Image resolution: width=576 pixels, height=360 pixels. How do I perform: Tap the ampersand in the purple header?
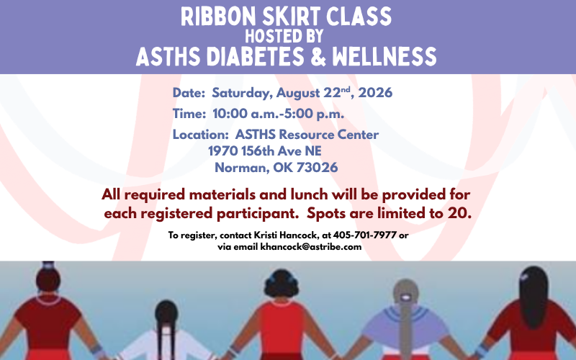318,57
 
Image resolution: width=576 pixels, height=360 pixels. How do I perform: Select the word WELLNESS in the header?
384,57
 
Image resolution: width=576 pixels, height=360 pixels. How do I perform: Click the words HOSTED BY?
284,36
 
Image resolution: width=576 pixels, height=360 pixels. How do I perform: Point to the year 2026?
375,93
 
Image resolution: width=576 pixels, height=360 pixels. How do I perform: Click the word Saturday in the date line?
243,93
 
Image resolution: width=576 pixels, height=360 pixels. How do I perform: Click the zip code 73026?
317,168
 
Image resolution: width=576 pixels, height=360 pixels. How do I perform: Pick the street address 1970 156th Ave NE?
265,151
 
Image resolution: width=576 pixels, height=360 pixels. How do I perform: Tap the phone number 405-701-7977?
365,235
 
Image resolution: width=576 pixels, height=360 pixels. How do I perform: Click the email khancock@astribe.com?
311,247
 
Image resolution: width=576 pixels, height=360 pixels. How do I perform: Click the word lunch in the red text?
310,194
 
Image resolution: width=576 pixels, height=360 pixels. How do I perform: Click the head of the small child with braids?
166,313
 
